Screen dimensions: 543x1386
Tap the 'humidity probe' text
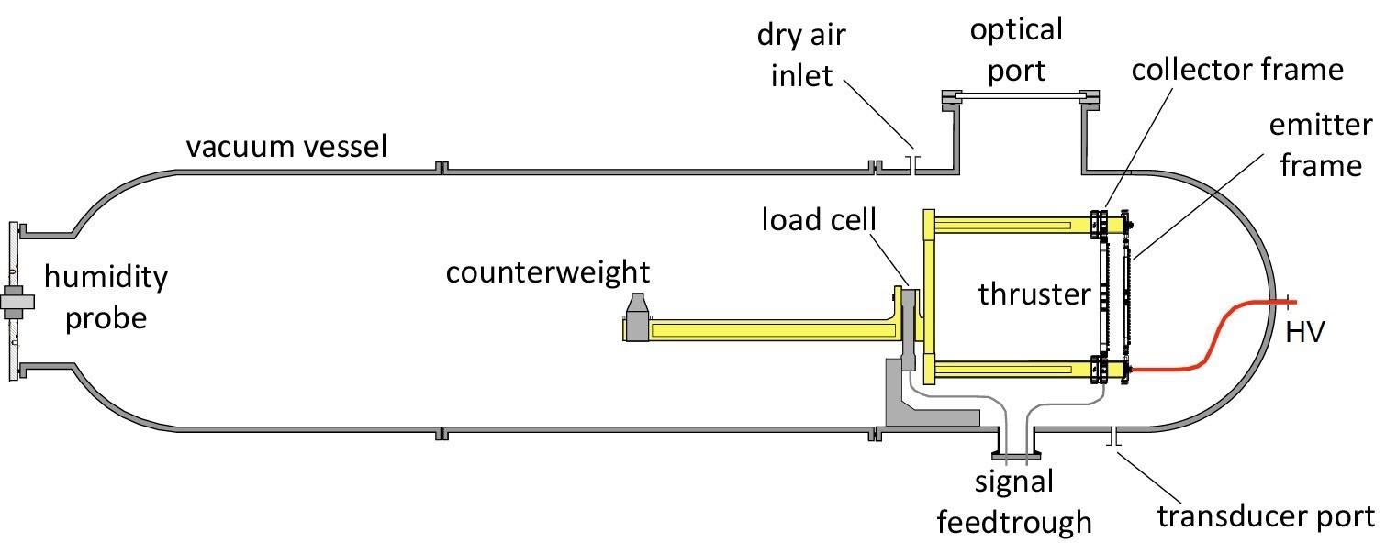[x=106, y=296]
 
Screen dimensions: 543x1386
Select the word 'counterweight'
[x=548, y=272]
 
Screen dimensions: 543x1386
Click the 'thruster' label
[x=1034, y=294]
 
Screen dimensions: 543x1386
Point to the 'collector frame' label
[x=1237, y=69]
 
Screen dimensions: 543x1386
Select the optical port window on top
[x=1017, y=96]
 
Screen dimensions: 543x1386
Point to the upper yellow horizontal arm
[x=1010, y=225]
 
